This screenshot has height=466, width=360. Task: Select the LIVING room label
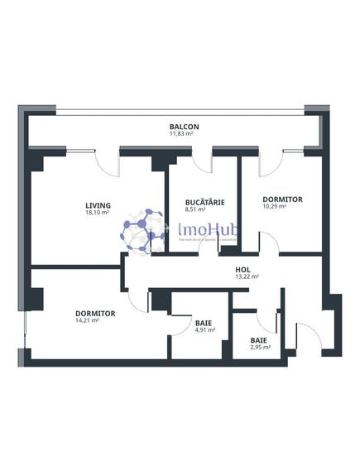click(98, 205)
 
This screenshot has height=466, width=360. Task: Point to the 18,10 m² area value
click(98, 213)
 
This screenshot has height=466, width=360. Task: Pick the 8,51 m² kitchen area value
click(197, 209)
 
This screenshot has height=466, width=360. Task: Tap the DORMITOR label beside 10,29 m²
click(282, 199)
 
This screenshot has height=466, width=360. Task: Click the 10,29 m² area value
click(275, 207)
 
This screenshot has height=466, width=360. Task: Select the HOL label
click(242, 270)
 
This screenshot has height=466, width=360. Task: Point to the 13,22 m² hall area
click(247, 277)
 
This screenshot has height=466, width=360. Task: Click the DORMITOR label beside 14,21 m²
click(95, 313)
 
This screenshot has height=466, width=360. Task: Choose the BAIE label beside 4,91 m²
click(204, 323)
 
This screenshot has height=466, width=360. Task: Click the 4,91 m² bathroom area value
click(204, 329)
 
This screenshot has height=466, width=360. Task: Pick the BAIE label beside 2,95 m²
click(259, 339)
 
